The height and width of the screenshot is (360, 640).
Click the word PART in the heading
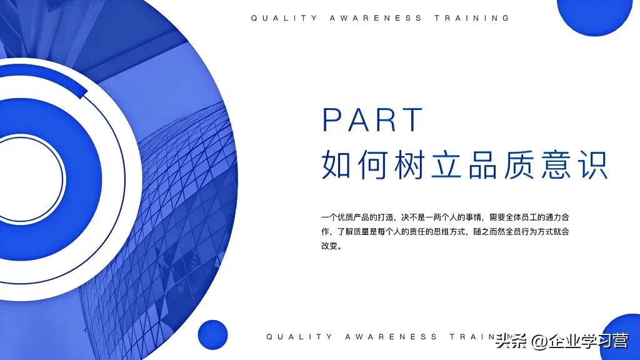point(373,119)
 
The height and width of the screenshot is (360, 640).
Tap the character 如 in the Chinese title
point(339,164)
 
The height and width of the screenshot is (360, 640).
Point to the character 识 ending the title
point(591,164)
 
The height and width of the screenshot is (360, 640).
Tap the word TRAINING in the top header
point(472,18)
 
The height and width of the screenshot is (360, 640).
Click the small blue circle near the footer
point(212,335)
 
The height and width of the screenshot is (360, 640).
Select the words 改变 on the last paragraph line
point(331,246)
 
